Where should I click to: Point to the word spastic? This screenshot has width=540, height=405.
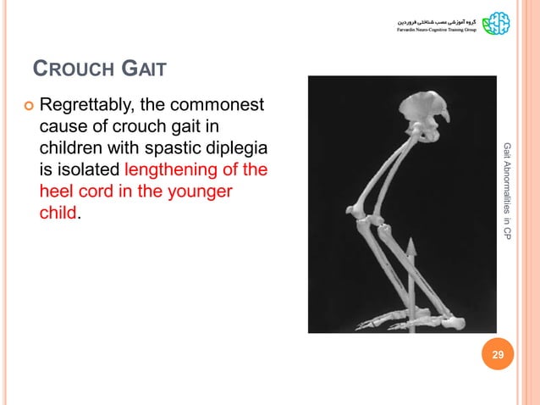(x=169, y=149)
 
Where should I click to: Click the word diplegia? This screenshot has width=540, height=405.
(x=234, y=149)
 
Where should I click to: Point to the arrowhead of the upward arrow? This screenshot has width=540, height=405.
(x=410, y=247)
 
